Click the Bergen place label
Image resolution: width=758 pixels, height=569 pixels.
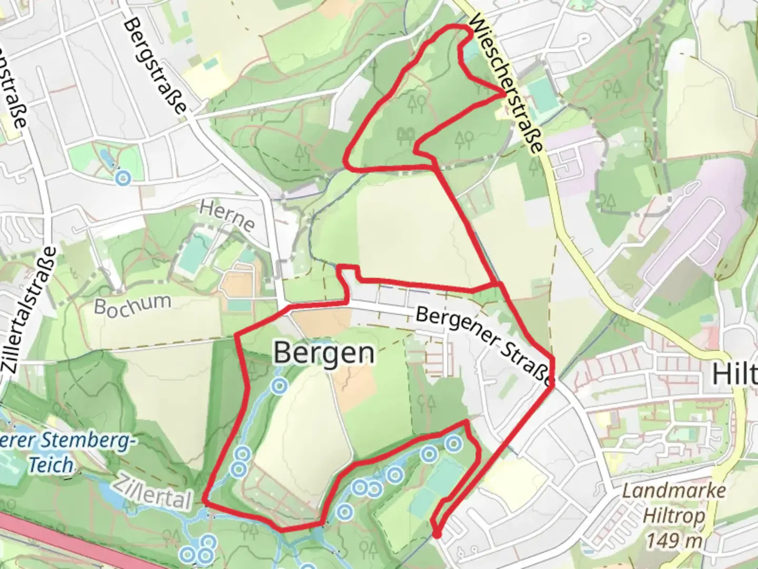click(324, 353)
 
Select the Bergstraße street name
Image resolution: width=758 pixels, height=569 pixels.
click(156, 66)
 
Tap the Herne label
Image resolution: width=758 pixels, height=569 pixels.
click(227, 216)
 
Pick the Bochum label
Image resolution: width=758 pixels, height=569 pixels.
click(133, 304)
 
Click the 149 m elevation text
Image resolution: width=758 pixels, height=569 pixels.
click(672, 541)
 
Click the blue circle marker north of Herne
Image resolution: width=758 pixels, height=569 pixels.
click(123, 178)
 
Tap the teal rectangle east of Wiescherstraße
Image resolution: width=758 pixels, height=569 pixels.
click(540, 95)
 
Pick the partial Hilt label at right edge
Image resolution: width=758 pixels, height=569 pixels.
click(735, 374)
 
